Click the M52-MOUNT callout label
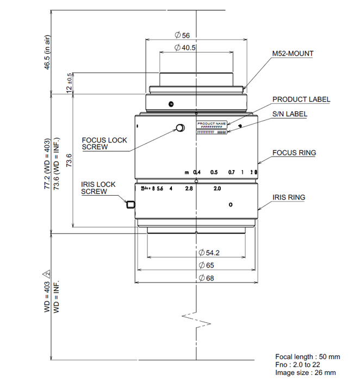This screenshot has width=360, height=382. coord(293,54)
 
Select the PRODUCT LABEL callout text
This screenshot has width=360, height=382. coord(301,99)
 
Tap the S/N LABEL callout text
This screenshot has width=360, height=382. coord(289,114)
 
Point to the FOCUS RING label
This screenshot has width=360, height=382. coord(294,153)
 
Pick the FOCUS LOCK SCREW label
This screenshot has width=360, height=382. coord(104,143)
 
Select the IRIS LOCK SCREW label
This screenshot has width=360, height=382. coord(98,188)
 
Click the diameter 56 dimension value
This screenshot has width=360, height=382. coord(182,35)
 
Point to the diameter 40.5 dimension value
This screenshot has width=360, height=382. coord(185,48)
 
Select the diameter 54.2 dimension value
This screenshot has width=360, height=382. coord(212,253)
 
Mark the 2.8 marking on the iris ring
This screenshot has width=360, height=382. coord(189,189)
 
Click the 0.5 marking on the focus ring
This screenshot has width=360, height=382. coord(214,172)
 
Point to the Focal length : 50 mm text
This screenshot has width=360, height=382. coord(307,356)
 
